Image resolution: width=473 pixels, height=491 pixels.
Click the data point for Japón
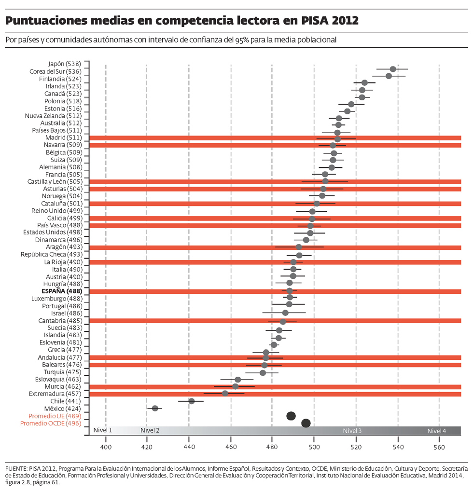tap(393, 69)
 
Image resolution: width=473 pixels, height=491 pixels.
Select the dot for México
tap(155, 408)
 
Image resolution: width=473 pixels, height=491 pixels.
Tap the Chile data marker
tap(191, 401)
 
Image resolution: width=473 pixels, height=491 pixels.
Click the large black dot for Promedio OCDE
tap(306, 423)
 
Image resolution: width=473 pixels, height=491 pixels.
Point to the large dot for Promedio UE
tap(291, 416)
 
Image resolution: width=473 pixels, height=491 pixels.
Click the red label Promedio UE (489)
tap(55, 416)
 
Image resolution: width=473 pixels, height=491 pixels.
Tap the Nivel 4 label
tap(437, 431)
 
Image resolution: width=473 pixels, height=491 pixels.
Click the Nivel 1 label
tap(103, 431)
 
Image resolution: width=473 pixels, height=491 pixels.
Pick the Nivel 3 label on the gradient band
tap(352, 431)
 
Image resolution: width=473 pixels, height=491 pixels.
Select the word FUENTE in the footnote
tap(16, 468)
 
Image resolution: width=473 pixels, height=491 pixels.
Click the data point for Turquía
tap(263, 372)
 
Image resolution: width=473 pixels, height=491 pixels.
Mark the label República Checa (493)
tap(51, 255)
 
